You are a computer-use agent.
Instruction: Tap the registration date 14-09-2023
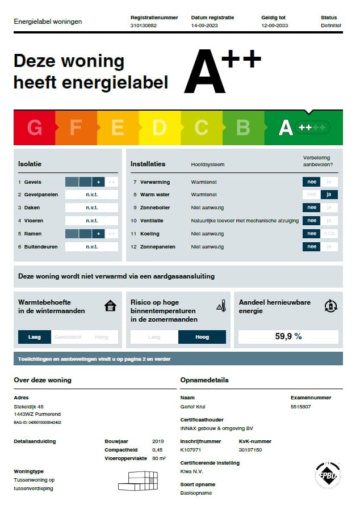click(204, 26)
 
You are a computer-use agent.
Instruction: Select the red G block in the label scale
click(35, 128)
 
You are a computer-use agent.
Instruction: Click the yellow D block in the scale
click(160, 128)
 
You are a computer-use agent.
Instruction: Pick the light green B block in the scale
click(243, 128)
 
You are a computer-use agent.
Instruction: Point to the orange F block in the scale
click(76, 128)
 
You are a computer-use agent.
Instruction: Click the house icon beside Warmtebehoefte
click(110, 306)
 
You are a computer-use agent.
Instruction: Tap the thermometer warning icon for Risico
click(221, 306)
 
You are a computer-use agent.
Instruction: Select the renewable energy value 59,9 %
click(288, 336)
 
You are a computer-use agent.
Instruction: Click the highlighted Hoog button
click(202, 337)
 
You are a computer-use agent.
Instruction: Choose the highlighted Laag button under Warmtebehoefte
click(35, 337)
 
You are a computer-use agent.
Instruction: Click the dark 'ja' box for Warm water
click(329, 195)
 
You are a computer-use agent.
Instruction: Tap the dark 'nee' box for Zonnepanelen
click(311, 247)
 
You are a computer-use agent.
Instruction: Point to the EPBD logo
click(328, 475)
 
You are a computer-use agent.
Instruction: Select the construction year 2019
click(158, 441)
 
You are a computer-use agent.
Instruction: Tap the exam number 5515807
click(301, 407)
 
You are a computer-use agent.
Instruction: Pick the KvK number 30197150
click(250, 450)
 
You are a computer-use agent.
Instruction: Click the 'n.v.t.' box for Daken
click(91, 208)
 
